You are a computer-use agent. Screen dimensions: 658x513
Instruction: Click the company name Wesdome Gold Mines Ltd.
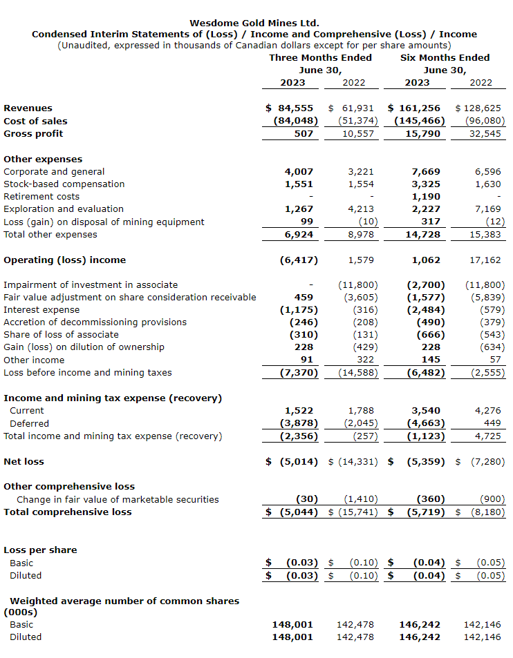254,23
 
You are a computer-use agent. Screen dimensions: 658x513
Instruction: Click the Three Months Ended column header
320,57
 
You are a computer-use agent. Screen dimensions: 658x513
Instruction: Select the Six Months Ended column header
445,57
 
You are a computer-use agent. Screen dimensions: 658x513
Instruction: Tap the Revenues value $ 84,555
290,108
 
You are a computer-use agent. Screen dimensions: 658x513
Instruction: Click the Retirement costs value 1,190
425,197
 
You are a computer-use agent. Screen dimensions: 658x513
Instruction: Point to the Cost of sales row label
36,121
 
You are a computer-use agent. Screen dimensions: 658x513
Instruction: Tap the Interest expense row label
41,310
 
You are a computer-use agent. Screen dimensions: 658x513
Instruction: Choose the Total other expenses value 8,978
360,235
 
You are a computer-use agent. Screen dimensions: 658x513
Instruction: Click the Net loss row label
24,461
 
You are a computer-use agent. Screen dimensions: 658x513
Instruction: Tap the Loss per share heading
40,550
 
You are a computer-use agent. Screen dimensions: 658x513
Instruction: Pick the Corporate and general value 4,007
299,172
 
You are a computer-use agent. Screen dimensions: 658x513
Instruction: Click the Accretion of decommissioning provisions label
95,322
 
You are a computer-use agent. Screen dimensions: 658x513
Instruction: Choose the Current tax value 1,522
299,411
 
